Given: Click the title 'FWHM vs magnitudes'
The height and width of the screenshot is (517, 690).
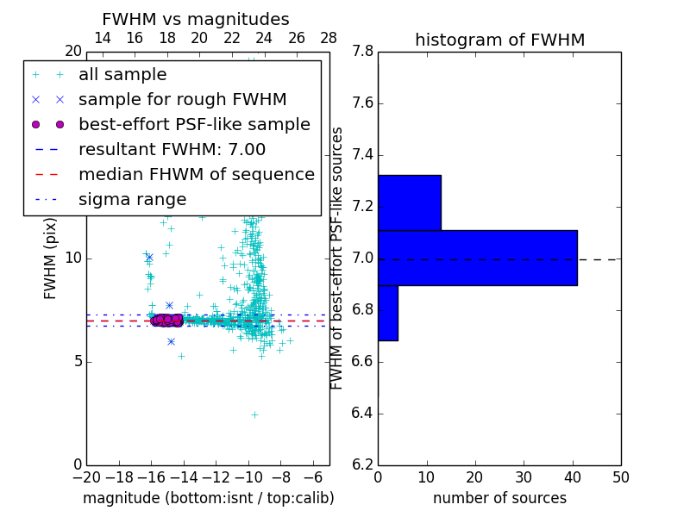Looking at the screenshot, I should coord(195,20).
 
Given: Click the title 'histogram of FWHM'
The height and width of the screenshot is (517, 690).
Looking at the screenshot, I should coord(499,40).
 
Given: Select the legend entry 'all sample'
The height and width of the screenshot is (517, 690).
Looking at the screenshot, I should coord(122,75).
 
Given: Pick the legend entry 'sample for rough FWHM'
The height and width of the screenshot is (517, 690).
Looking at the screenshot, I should coord(182,100).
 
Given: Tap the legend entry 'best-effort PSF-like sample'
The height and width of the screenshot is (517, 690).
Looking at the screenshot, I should coord(194,125).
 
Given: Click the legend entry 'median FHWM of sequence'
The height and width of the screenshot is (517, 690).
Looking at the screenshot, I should coord(196,175).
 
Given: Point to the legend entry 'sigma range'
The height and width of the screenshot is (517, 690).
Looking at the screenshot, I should coord(132,200).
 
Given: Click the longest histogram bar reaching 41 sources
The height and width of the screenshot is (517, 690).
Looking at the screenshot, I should coord(477,258).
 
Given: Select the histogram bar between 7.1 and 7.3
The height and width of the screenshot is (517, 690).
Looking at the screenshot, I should coord(410,202).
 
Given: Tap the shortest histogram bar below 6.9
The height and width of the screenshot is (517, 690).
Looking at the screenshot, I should coord(388,313).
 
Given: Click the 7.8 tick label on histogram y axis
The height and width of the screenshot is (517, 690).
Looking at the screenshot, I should coord(362,52).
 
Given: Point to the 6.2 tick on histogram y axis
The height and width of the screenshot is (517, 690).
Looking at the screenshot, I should coord(362,464).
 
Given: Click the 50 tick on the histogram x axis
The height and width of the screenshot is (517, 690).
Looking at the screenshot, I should coord(620,477).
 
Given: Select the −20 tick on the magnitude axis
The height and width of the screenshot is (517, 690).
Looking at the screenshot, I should coord(86,477).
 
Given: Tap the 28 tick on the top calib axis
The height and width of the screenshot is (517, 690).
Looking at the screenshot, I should coord(329,39).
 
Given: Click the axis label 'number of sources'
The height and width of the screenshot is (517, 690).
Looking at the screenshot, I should coord(499,499).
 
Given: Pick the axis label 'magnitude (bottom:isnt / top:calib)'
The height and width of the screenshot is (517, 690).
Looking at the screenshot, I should coord(208,499).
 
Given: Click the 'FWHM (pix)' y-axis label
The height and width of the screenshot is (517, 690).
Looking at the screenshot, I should coord(51,258).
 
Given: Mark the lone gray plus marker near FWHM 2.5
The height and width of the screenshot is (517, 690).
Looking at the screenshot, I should coord(254,414).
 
